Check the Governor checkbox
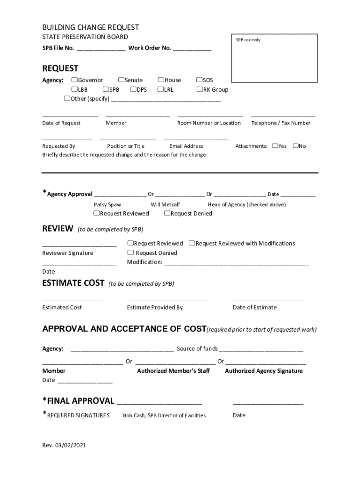[74, 80]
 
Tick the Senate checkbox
[121, 80]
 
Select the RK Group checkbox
[199, 89]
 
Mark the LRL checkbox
[160, 89]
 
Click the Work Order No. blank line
[192, 49]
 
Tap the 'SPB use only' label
[248, 40]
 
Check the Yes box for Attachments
[275, 146]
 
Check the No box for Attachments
[295, 146]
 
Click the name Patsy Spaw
[107, 204]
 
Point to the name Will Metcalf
[165, 204]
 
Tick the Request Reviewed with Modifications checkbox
[192, 243]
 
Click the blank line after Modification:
[236, 262]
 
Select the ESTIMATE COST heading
[73, 283]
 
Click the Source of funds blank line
[261, 349]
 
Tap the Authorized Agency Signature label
[264, 371]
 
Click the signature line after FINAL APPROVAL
[159, 402]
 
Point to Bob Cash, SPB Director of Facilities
[164, 415]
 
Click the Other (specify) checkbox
[67, 99]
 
